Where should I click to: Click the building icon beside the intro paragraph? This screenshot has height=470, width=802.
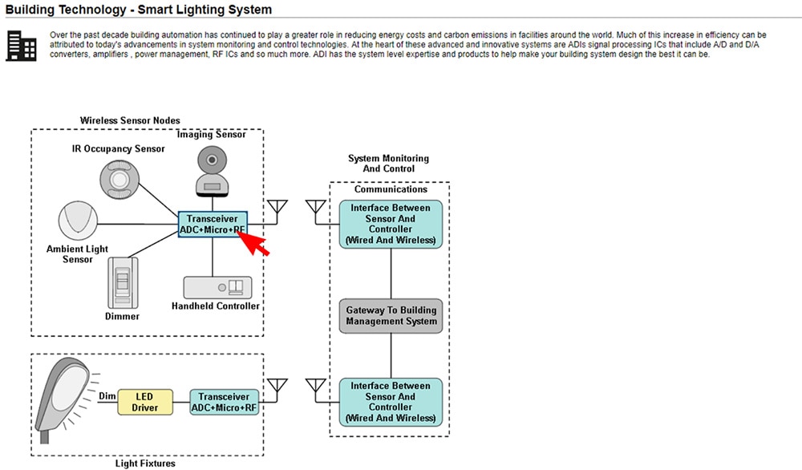(21, 46)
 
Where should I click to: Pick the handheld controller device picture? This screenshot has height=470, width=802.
(217, 288)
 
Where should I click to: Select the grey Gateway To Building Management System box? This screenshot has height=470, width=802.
(391, 316)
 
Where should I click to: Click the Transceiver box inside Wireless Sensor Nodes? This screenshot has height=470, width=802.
(213, 224)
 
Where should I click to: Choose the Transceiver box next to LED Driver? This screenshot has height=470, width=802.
(225, 402)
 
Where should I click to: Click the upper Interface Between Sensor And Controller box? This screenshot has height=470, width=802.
(391, 224)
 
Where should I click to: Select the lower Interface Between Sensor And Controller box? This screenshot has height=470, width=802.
(391, 402)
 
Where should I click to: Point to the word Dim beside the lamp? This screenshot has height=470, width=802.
(107, 396)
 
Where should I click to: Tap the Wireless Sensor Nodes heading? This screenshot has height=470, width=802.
(130, 120)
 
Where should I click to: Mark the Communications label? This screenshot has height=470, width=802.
(391, 190)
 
